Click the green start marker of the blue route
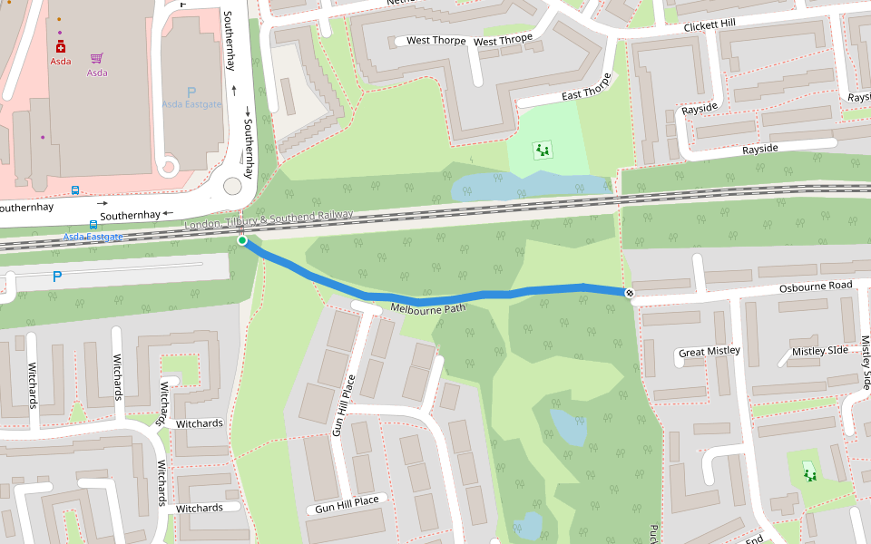(242, 240)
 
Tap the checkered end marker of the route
(629, 292)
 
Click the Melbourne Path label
(427, 308)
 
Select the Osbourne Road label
(816, 287)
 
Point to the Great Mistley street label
(710, 351)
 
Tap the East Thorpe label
(586, 93)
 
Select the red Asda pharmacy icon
(61, 46)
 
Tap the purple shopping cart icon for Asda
(96, 59)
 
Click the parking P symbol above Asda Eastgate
(191, 92)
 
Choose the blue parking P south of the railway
(57, 276)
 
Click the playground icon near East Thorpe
(543, 150)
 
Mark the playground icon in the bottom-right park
(809, 473)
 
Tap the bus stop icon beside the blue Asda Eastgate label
(93, 224)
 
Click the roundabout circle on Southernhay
(232, 186)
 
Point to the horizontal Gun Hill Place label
(347, 504)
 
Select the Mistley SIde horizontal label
(819, 351)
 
